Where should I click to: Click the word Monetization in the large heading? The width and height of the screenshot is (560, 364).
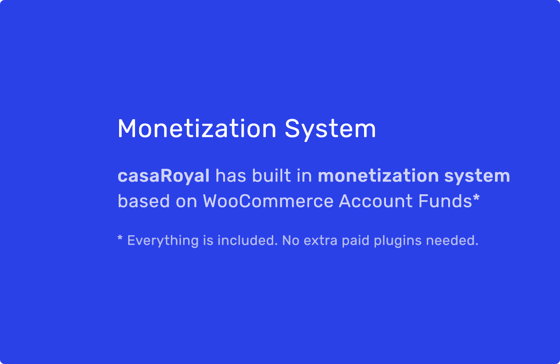click(x=197, y=129)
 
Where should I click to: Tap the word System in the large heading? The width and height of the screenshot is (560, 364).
click(x=330, y=130)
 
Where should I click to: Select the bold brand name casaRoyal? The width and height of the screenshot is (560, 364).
click(x=164, y=177)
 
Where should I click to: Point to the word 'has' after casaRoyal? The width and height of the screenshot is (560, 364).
click(x=231, y=176)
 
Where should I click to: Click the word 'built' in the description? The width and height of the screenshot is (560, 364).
click(x=271, y=176)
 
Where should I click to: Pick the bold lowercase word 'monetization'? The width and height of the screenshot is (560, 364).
click(x=378, y=176)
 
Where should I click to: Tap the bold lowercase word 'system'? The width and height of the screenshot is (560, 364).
click(x=477, y=177)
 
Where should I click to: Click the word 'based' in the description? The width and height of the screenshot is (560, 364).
click(x=144, y=201)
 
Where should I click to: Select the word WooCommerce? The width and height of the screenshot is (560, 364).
click(x=268, y=201)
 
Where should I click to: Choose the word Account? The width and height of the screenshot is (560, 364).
click(x=375, y=201)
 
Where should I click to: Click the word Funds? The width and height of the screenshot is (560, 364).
click(x=445, y=201)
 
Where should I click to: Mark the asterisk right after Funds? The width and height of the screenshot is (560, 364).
click(x=476, y=197)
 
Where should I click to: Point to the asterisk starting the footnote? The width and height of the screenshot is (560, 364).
click(x=120, y=238)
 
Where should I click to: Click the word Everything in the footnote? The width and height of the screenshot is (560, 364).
click(x=163, y=241)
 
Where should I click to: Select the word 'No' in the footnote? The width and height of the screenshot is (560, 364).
click(x=291, y=240)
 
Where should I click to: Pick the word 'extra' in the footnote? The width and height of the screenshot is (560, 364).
click(x=320, y=241)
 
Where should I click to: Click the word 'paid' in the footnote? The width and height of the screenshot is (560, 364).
click(x=355, y=241)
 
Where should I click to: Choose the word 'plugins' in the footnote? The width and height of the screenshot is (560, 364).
click(x=397, y=241)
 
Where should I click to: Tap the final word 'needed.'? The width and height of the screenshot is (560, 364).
click(x=452, y=240)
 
